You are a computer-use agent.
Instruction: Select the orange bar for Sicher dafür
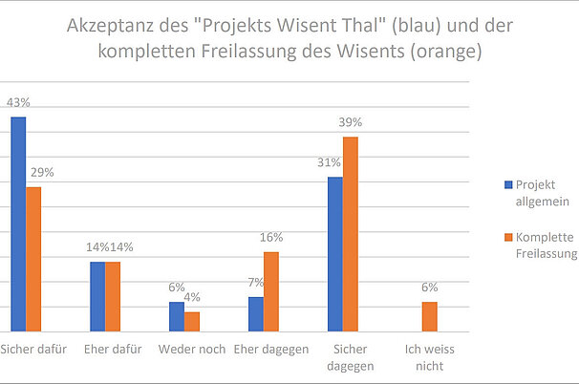[33, 259]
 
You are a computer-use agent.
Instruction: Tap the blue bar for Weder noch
[177, 317]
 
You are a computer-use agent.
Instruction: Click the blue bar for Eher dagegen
[256, 314]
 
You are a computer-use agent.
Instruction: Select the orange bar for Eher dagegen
[271, 291]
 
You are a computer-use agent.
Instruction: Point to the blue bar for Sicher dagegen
[335, 254]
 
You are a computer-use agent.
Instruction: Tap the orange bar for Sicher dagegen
[351, 234]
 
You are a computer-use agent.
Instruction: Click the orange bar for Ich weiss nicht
[430, 317]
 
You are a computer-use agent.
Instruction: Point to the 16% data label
[271, 237]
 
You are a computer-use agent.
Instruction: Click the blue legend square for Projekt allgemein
[508, 184]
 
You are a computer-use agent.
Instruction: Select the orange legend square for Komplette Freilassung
[508, 238]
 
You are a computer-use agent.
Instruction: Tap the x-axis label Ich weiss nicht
[430, 356]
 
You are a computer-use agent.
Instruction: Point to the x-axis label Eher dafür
[113, 349]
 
